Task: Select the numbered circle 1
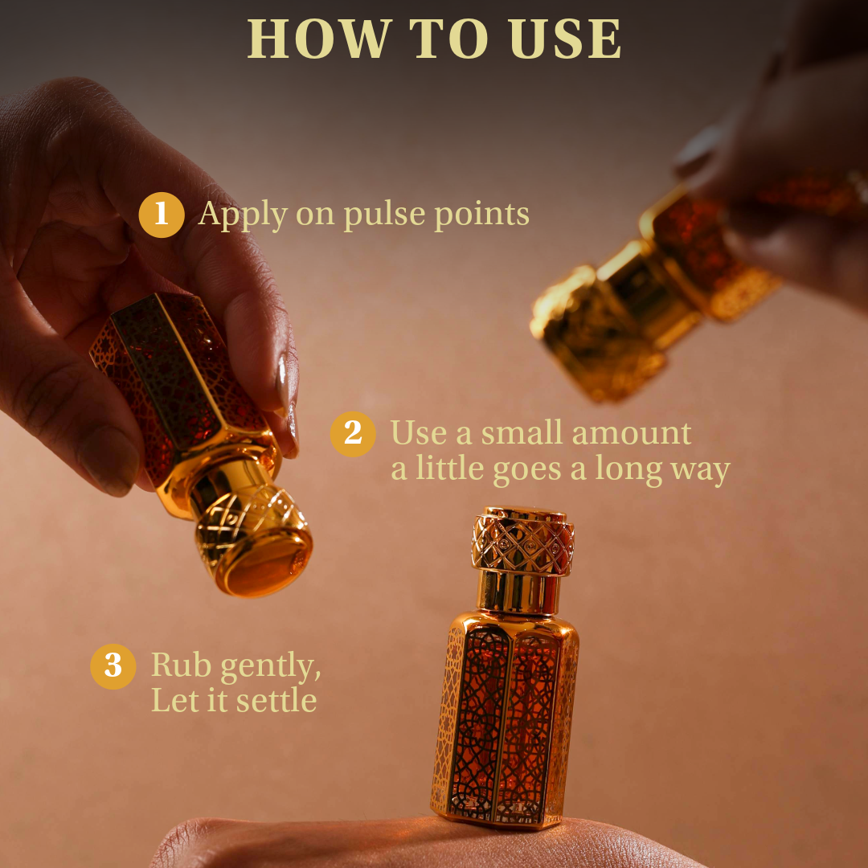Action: (161, 215)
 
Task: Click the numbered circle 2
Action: (353, 434)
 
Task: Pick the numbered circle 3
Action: (113, 666)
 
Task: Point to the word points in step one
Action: (481, 214)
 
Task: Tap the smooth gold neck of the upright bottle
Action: (518, 593)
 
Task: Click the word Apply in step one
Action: (243, 215)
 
